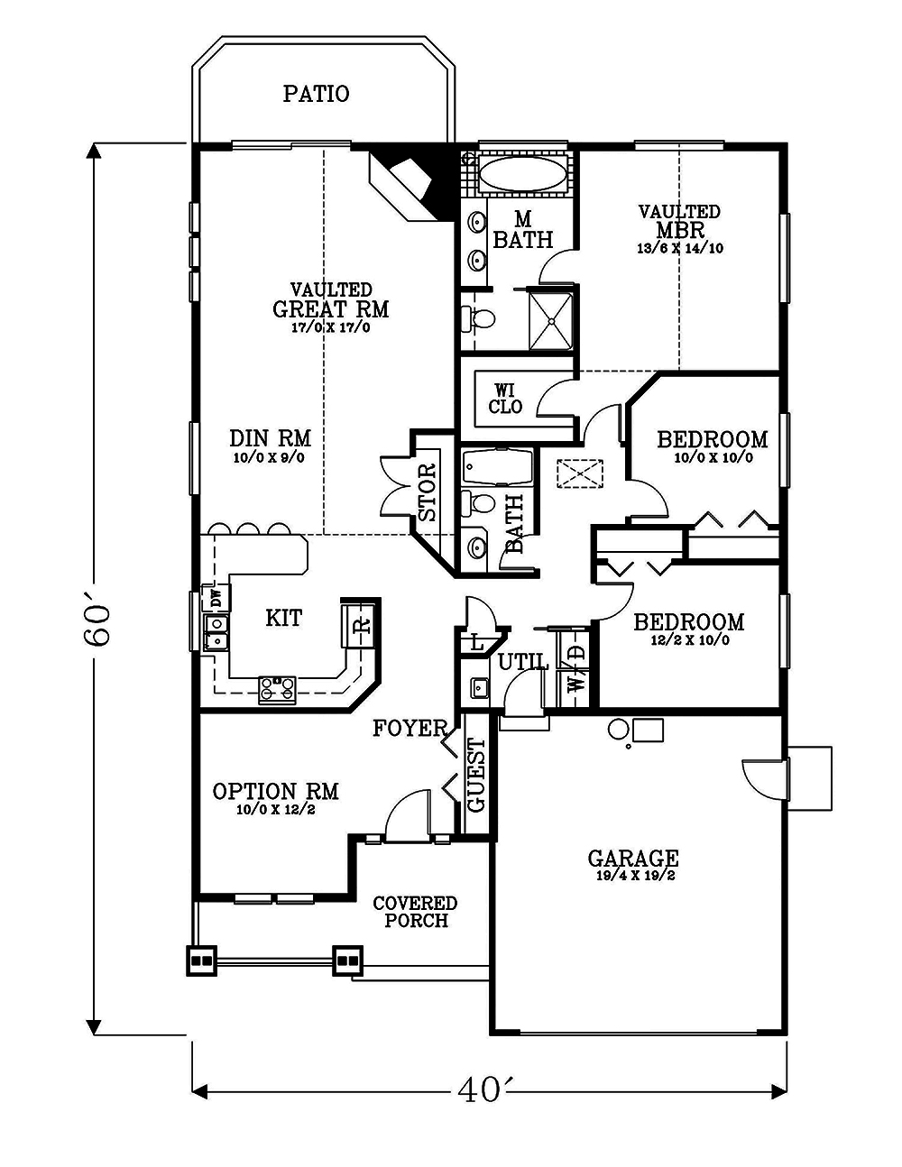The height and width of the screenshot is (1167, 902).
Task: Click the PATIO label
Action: pyautogui.click(x=317, y=94)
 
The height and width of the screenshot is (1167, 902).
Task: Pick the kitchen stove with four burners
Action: pyautogui.click(x=277, y=690)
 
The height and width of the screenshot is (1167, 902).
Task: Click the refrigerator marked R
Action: pyautogui.click(x=360, y=625)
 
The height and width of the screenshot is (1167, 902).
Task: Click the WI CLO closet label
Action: pyautogui.click(x=505, y=399)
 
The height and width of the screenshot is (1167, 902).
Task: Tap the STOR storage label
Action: pyautogui.click(x=428, y=492)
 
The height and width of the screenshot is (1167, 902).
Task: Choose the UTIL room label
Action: pyautogui.click(x=523, y=662)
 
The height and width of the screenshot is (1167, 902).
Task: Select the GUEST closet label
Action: pyautogui.click(x=475, y=776)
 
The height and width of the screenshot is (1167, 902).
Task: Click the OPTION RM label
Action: pyautogui.click(x=276, y=792)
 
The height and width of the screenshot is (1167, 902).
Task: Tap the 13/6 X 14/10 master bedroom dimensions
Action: pyautogui.click(x=681, y=248)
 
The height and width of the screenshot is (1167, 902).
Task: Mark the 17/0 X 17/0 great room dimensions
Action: pyautogui.click(x=331, y=327)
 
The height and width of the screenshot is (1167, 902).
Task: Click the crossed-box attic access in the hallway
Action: pyautogui.click(x=580, y=474)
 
